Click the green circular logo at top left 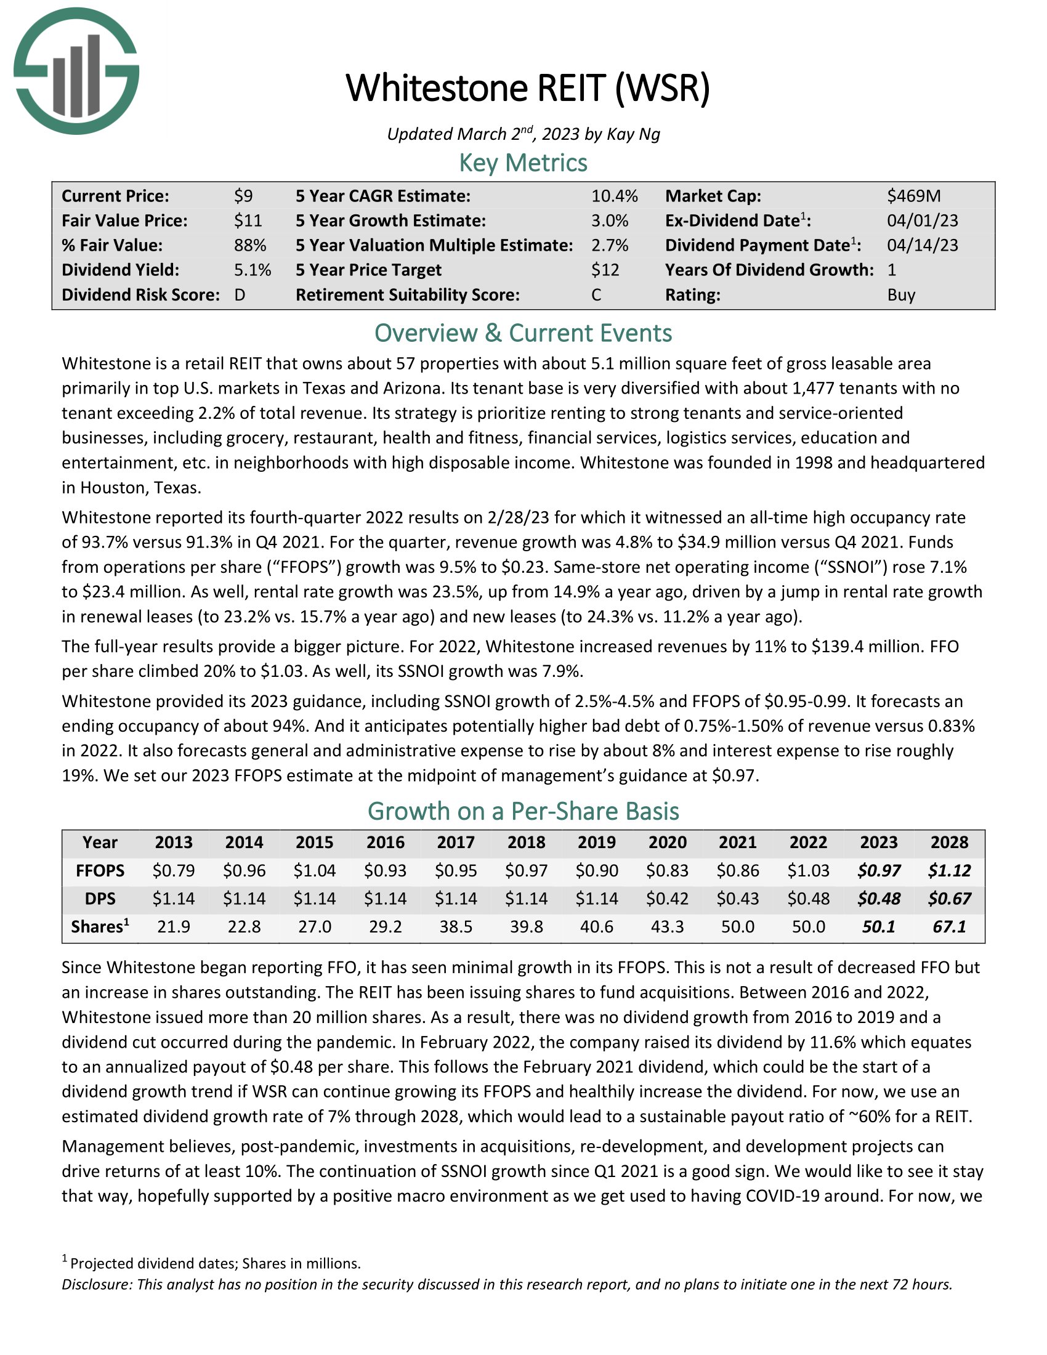pyautogui.click(x=76, y=71)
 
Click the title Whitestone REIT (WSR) pyautogui.click(x=527, y=88)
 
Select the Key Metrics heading pyautogui.click(x=523, y=163)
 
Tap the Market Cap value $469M pyautogui.click(x=913, y=196)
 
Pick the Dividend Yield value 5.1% pyautogui.click(x=253, y=270)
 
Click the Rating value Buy pyautogui.click(x=900, y=294)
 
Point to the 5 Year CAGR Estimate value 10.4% pyautogui.click(x=614, y=196)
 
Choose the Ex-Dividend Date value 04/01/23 pyautogui.click(x=923, y=221)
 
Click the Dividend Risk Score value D pyautogui.click(x=240, y=294)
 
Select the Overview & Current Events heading pyautogui.click(x=523, y=333)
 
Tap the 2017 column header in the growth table pyautogui.click(x=456, y=842)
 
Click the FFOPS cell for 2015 pyautogui.click(x=315, y=870)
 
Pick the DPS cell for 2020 pyautogui.click(x=668, y=899)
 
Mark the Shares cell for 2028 pyautogui.click(x=949, y=927)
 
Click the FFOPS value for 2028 pyautogui.click(x=949, y=870)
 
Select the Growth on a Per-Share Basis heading pyautogui.click(x=523, y=812)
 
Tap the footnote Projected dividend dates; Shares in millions pyautogui.click(x=215, y=1263)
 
